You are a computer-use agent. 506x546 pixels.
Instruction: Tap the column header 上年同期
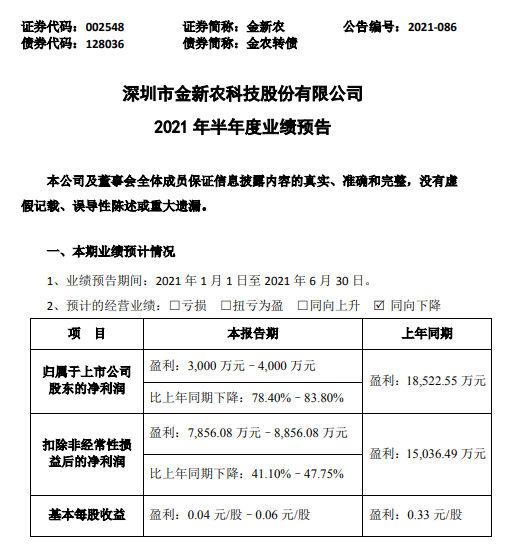coord(427,332)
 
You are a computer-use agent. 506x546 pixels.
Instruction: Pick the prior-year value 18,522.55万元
coord(427,381)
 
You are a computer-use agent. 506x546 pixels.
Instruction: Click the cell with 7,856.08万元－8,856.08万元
coord(248,432)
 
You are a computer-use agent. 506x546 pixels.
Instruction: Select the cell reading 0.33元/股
coord(416,514)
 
